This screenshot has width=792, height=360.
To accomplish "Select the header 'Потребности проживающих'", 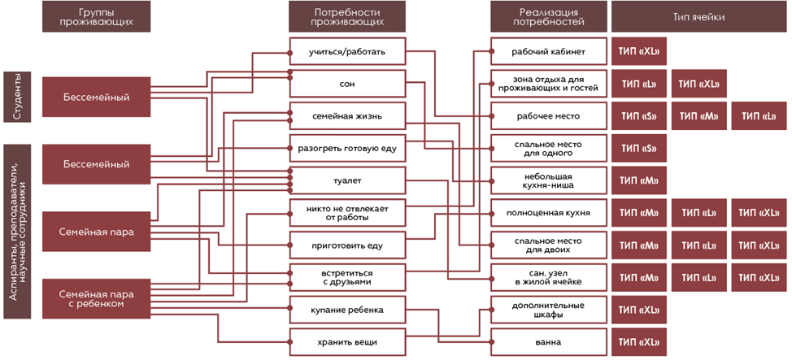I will click(346, 16).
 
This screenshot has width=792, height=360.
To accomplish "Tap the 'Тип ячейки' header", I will click(698, 16).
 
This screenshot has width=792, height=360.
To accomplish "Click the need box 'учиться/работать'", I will click(346, 53).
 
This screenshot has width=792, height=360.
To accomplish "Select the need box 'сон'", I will click(346, 84).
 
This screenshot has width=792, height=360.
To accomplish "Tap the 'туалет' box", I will click(346, 180).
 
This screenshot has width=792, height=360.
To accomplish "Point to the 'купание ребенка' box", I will click(346, 310).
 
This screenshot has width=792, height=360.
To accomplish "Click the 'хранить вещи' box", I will click(346, 341).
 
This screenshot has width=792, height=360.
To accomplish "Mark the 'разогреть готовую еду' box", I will click(346, 148).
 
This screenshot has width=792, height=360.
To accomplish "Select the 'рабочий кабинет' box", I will click(548, 53).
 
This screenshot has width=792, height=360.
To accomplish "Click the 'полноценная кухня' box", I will click(548, 213).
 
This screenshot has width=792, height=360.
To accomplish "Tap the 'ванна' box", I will click(548, 341).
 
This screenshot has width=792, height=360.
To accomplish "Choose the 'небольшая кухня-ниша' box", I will click(548, 180).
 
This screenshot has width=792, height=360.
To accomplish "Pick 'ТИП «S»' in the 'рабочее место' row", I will click(638, 116).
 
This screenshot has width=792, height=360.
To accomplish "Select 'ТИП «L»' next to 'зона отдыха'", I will click(638, 84).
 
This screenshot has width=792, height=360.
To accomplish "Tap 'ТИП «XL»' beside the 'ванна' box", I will click(638, 341).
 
